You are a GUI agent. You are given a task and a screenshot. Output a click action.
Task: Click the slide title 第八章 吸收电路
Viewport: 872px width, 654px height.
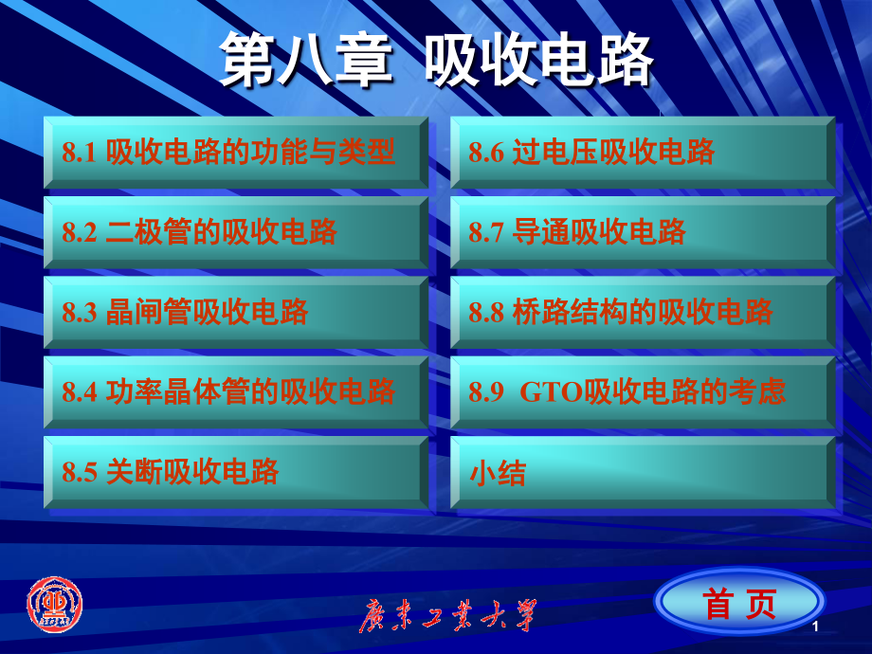[437, 63]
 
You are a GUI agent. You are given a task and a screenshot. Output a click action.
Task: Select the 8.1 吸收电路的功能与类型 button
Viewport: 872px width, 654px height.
[235, 152]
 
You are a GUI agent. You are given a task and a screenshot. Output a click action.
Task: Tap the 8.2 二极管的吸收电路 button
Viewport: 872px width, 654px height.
[235, 232]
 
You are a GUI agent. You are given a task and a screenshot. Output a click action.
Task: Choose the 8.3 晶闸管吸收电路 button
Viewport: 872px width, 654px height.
[235, 312]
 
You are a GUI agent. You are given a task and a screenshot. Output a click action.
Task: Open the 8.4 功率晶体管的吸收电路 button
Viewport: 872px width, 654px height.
[235, 391]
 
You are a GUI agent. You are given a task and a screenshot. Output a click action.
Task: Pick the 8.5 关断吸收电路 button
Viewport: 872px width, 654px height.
[235, 471]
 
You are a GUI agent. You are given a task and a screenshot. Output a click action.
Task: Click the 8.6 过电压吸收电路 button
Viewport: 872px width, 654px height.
[642, 152]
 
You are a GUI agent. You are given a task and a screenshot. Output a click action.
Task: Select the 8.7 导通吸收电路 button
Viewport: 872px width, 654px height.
[642, 232]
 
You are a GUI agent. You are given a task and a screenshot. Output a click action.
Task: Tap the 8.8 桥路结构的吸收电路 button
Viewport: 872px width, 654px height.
[642, 312]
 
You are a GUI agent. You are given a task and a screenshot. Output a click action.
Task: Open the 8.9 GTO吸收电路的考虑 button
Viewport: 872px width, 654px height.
[642, 391]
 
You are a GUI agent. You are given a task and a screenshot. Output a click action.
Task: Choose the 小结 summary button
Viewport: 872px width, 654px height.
[642, 472]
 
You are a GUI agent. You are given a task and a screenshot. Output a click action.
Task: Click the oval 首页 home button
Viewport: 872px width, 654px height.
[739, 603]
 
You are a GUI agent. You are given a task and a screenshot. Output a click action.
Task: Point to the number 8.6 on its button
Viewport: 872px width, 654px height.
[486, 153]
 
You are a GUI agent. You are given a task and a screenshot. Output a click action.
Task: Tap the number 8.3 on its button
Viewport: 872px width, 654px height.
[80, 313]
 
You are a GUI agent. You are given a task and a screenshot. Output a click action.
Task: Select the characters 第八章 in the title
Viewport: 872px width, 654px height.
[304, 63]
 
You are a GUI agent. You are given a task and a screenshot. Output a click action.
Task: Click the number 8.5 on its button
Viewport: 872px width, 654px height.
[80, 472]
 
